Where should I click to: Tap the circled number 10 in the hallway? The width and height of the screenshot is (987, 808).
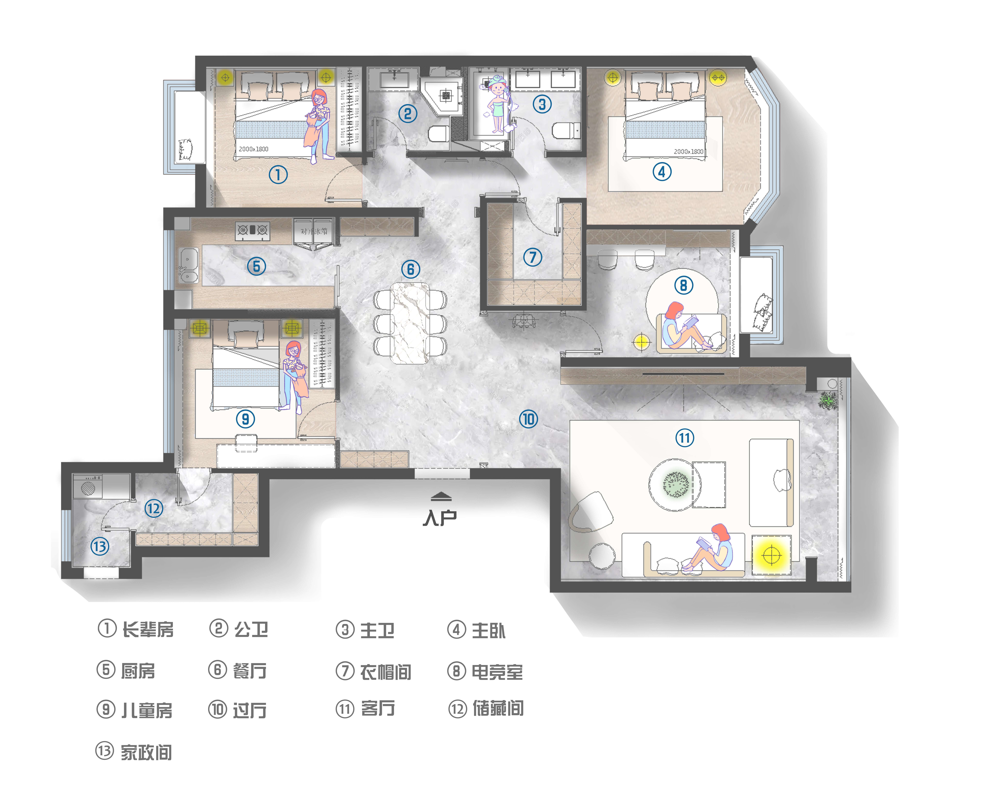tap(528, 419)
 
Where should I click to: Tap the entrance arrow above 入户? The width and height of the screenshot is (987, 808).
tap(441, 496)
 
